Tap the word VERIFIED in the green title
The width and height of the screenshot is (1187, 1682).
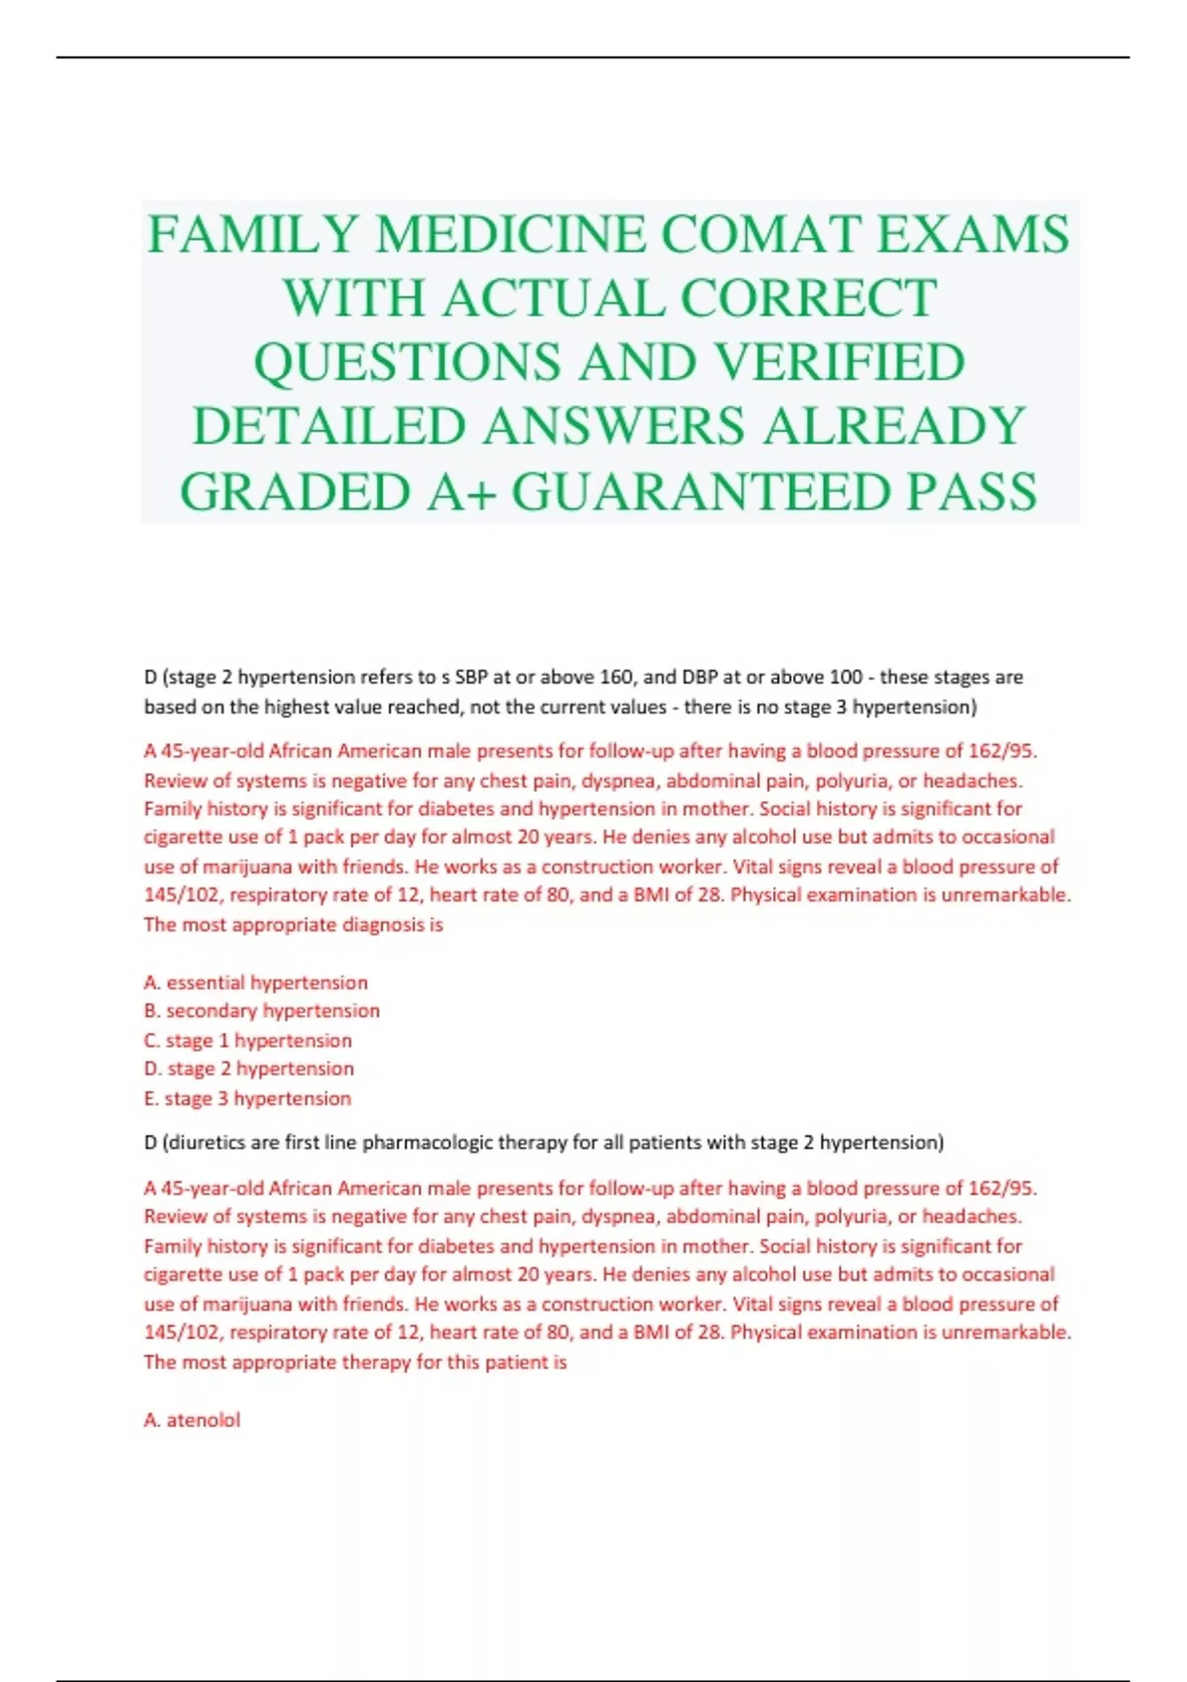pos(839,362)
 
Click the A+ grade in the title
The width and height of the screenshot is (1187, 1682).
pos(461,492)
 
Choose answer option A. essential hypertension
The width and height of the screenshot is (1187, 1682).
pos(256,982)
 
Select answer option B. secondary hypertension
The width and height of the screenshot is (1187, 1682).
pos(262,1011)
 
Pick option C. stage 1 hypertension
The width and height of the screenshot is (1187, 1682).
pos(248,1041)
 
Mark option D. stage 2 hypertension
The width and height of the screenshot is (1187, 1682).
pos(249,1070)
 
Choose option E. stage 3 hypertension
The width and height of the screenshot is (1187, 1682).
pos(248,1098)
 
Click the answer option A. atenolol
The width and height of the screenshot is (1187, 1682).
pos(192,1421)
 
